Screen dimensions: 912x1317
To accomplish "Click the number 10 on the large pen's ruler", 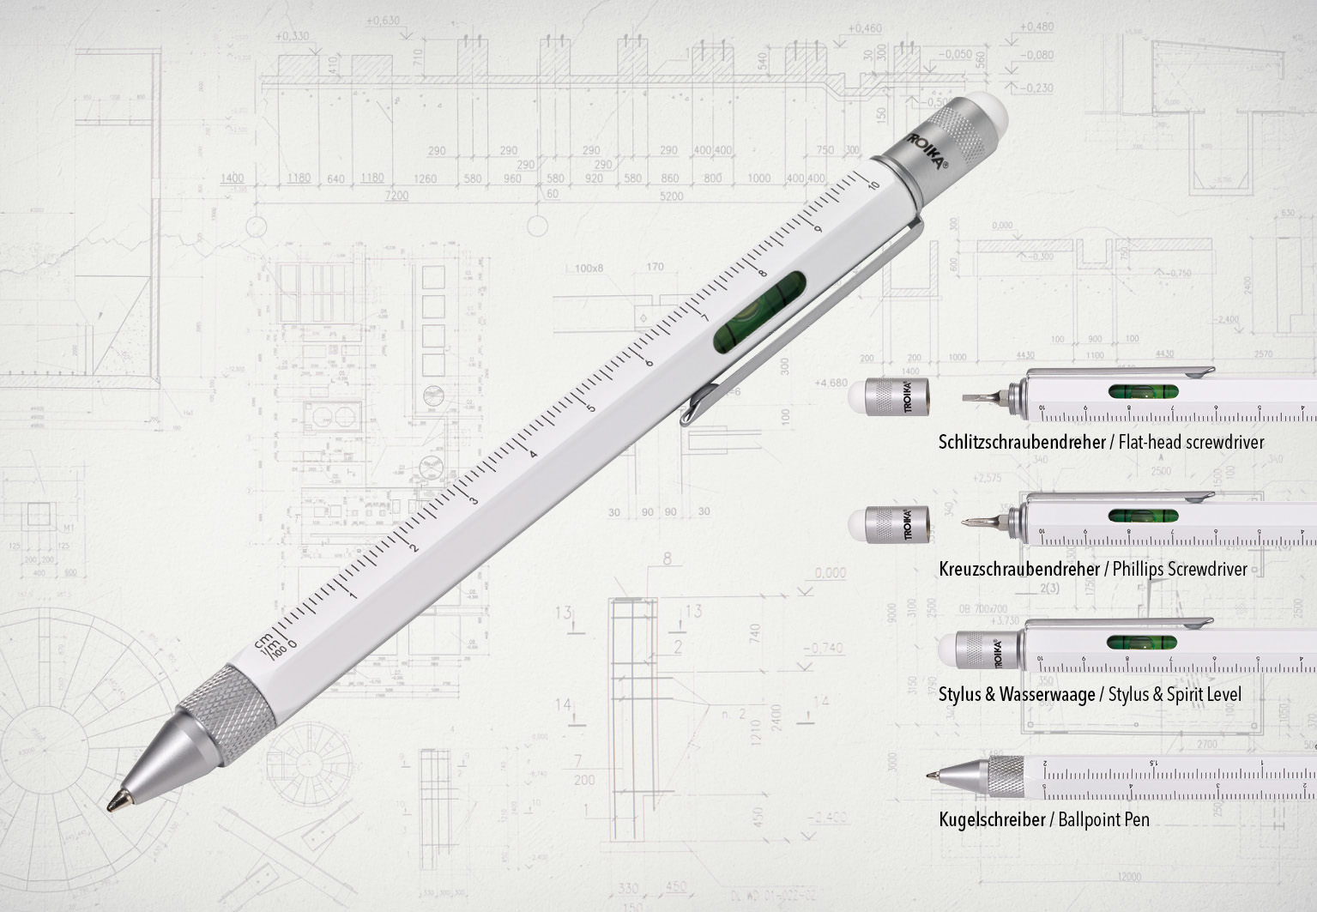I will click(x=873, y=186).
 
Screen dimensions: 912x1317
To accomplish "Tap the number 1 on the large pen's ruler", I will click(x=352, y=595).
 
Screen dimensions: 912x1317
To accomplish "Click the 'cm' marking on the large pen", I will click(x=263, y=639).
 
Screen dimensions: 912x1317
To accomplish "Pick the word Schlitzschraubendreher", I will click(x=1021, y=443).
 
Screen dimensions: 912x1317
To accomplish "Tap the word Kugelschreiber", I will click(x=992, y=819).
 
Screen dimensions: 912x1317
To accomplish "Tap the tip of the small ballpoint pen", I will click(x=930, y=775).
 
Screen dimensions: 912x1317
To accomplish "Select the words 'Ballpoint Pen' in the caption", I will click(x=1103, y=819).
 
